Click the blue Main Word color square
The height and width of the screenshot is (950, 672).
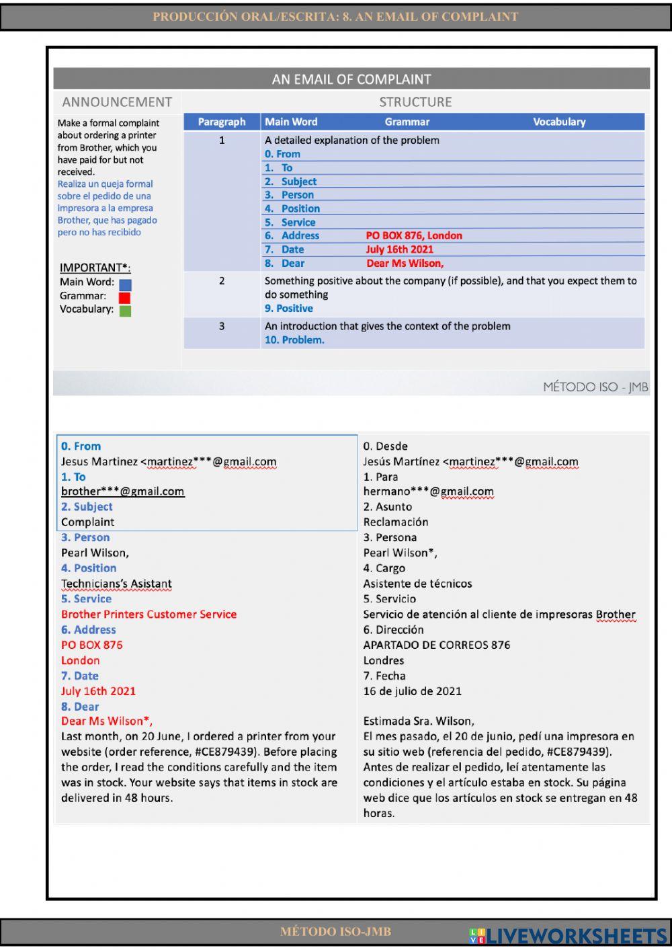(125, 284)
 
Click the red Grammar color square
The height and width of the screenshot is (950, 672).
(124, 297)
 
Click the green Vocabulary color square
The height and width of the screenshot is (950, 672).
(125, 311)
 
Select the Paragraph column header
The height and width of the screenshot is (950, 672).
(222, 122)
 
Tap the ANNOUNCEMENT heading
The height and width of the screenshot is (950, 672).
(117, 102)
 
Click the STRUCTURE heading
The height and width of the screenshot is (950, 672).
(415, 102)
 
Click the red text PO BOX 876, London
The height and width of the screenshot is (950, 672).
(414, 235)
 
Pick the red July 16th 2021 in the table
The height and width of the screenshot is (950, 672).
(399, 249)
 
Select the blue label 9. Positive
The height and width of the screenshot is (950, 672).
(288, 309)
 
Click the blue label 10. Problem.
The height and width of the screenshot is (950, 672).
(294, 340)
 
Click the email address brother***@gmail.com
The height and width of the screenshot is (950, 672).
(122, 491)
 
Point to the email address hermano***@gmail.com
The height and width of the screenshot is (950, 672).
(428, 491)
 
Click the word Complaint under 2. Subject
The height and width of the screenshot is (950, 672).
(87, 522)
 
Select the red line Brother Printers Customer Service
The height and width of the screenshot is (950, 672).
(149, 615)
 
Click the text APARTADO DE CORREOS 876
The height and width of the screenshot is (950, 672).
(436, 645)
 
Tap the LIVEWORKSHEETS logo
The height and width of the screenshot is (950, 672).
(567, 935)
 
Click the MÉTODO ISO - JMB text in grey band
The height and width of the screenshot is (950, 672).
(595, 387)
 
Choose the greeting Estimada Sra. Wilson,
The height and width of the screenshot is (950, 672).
(418, 721)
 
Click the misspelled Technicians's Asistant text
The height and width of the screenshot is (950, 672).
(116, 584)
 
